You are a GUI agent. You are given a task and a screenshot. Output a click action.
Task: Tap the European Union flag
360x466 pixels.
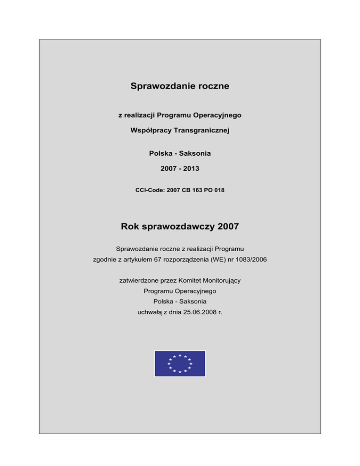pyautogui.click(x=180, y=363)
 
